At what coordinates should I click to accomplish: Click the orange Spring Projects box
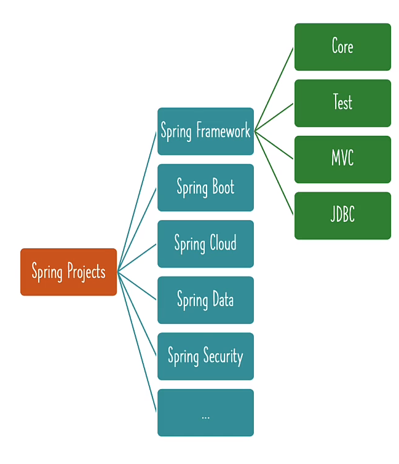click(x=68, y=272)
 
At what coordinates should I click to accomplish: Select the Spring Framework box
click(x=205, y=131)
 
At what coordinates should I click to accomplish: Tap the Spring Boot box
click(x=205, y=187)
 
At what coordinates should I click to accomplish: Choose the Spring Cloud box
click(x=205, y=243)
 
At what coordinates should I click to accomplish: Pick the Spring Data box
click(x=205, y=300)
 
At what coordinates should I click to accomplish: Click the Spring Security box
click(x=205, y=356)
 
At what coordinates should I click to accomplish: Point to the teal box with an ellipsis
click(x=205, y=412)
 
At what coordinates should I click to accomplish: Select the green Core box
click(x=342, y=47)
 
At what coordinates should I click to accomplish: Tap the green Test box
click(x=342, y=103)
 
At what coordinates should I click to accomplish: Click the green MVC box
click(x=342, y=159)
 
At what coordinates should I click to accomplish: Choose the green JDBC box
click(x=342, y=215)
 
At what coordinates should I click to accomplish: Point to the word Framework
click(x=223, y=131)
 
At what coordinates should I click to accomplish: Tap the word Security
click(x=223, y=356)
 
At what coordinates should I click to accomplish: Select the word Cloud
click(x=222, y=243)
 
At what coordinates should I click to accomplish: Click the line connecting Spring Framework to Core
click(x=274, y=89)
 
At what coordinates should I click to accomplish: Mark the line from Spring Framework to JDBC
click(x=274, y=173)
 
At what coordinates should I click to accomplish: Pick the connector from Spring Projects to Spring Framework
click(x=137, y=201)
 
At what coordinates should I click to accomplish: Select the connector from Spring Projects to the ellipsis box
click(x=137, y=342)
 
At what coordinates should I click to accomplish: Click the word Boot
click(x=222, y=187)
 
